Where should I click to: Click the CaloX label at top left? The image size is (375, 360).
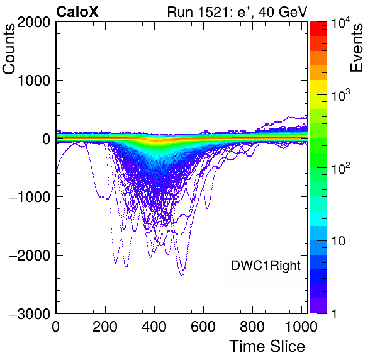point(77,12)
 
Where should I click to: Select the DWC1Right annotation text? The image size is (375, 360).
point(266,266)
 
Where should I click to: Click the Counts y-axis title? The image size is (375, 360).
point(9,49)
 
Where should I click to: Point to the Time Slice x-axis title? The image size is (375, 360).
point(267,346)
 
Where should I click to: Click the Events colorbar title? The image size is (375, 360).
point(356,48)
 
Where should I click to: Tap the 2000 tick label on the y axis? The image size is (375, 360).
point(33,22)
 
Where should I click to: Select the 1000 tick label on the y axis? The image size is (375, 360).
point(33,81)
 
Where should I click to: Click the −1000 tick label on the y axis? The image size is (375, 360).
point(30,197)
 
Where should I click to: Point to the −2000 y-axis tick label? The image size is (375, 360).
point(30,256)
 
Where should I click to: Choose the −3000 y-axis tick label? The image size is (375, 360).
point(30,313)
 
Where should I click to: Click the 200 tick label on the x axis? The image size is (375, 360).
point(105,326)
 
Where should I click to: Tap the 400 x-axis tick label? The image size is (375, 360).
point(154,326)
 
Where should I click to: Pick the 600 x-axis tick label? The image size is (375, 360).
point(203,326)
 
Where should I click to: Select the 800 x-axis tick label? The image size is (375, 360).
point(252,326)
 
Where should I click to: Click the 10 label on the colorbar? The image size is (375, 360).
point(339,241)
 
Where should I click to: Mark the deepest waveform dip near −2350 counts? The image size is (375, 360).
point(182,275)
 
